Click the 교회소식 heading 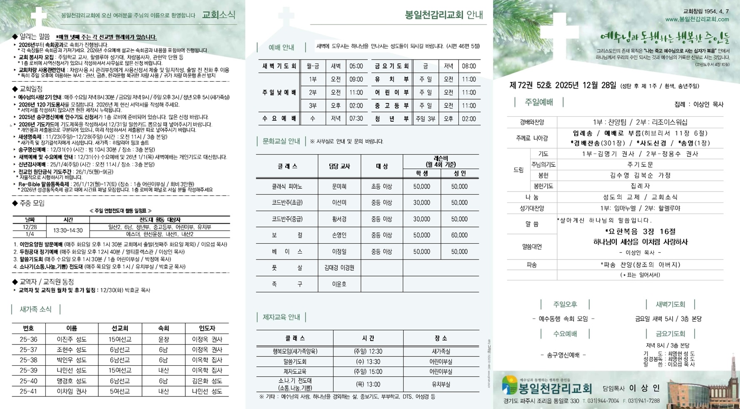point(219,15)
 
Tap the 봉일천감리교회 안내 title point(444,15)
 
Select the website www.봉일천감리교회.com point(697,19)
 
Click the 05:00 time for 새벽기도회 point(356,66)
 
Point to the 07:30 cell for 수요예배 point(356,119)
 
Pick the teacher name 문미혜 point(339,187)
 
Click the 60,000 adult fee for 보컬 point(459,235)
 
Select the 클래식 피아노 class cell point(287,187)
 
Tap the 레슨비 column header point(441,161)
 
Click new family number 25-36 point(28,339)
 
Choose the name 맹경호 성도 point(72,381)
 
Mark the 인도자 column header point(207,328)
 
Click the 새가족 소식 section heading point(35,309)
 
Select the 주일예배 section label point(539,102)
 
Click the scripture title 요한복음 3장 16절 point(640,232)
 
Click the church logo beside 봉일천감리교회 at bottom point(509,385)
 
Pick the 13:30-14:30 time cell point(68,230)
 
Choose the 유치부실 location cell point(441,384)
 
